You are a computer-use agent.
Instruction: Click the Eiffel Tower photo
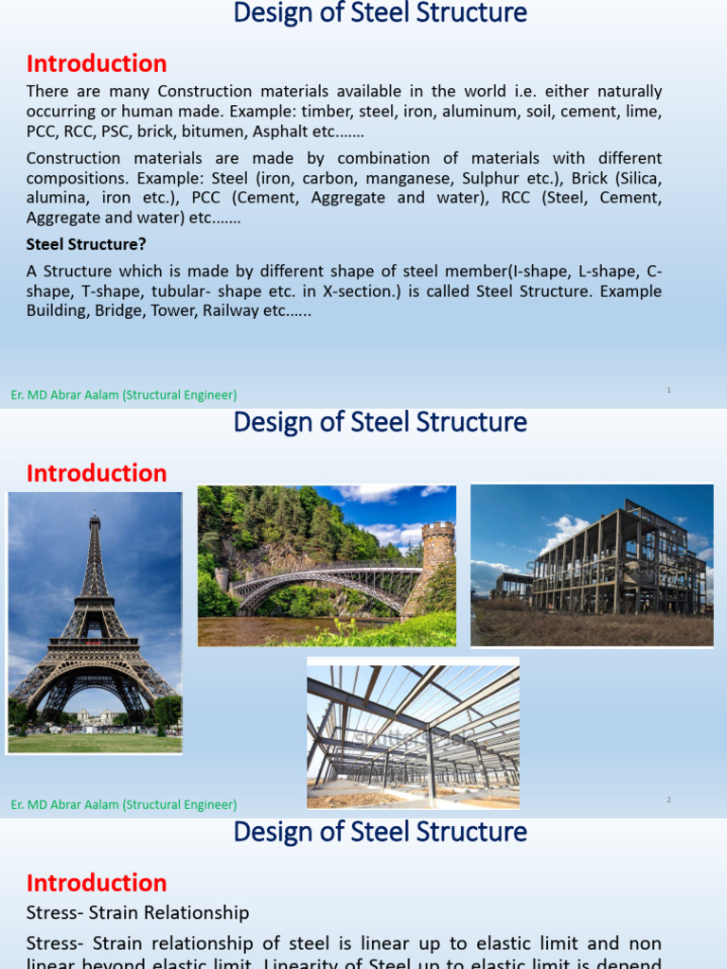[x=95, y=622]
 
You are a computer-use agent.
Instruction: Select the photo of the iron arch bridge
[x=327, y=566]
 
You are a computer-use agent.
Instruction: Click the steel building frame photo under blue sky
[x=592, y=565]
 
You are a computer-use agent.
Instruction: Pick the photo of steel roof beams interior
[x=413, y=733]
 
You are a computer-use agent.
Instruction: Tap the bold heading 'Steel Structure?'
[x=86, y=244]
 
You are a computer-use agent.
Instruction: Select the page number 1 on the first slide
[x=668, y=389]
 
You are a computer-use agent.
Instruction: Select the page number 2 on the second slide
[x=668, y=800]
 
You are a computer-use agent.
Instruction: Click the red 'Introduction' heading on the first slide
[x=97, y=64]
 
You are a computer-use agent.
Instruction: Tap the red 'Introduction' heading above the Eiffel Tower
[x=97, y=473]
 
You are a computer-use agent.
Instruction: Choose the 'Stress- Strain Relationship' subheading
[x=138, y=913]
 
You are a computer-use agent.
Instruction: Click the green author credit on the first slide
[x=124, y=395]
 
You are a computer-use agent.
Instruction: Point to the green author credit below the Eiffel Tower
[x=124, y=804]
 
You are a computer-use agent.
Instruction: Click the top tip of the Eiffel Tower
[x=94, y=514]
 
